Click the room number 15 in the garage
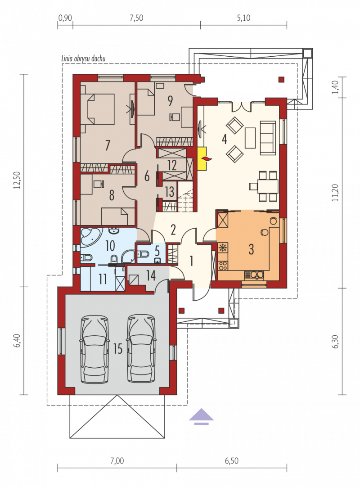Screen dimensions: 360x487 point(118,349)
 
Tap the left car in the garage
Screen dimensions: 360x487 point(95,349)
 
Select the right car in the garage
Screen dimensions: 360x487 point(142,349)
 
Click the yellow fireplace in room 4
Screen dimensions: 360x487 point(202,159)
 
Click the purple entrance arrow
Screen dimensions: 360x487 point(201,416)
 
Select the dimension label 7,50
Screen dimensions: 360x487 point(136,18)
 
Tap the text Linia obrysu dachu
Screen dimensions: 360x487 point(83,59)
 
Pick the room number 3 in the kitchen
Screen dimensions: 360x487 point(251,249)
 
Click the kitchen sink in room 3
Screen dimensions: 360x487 point(254,275)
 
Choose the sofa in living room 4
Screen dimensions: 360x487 point(268,137)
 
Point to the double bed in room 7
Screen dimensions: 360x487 point(97,109)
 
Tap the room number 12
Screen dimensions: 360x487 point(172,165)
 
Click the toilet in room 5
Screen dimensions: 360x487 point(143,254)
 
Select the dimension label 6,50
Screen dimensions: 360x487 point(232,460)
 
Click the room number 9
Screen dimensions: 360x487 point(170,100)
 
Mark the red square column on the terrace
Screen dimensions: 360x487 point(281,79)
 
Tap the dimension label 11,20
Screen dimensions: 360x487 point(335,193)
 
